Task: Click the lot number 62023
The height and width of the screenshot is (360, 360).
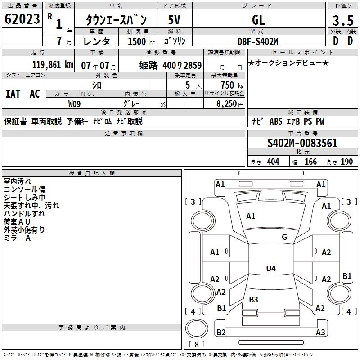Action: click(22, 19)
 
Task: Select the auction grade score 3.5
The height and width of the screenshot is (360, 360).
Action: click(342, 20)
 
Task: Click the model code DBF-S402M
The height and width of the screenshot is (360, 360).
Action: click(258, 41)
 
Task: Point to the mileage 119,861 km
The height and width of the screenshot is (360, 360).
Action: click(53, 65)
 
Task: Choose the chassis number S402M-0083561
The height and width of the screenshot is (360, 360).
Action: click(302, 144)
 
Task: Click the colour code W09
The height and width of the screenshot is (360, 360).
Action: click(75, 104)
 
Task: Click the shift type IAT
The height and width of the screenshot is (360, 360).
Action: click(13, 94)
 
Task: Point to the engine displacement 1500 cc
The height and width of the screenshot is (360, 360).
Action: click(139, 41)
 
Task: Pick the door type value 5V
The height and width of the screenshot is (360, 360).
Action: click(175, 20)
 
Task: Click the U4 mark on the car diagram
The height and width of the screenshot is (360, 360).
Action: click(270, 269)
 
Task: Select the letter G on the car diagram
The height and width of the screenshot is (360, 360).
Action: click(284, 237)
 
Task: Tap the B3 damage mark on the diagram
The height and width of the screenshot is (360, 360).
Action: click(253, 299)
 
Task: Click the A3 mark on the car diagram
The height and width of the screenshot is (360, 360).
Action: click(320, 333)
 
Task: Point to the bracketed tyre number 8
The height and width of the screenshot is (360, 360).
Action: click(196, 345)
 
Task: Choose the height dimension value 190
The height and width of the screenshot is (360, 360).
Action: click(346, 162)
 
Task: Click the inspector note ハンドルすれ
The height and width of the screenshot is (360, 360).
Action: click(25, 214)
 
